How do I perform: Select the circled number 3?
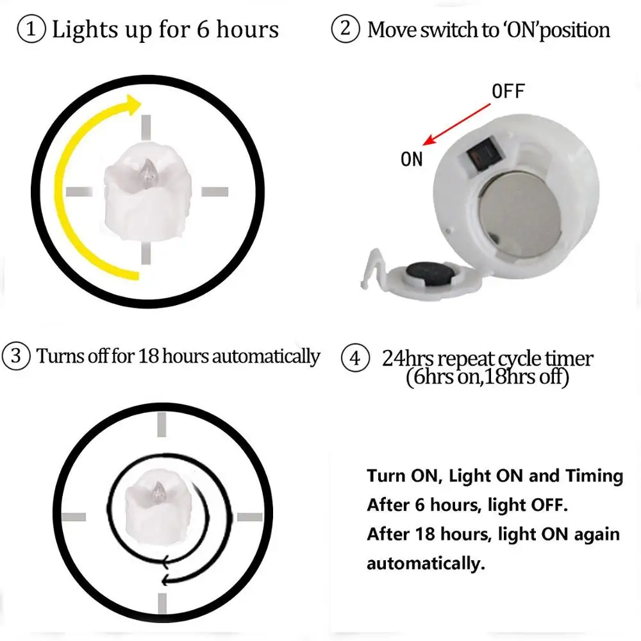tap(15, 356)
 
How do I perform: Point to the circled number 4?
tap(354, 358)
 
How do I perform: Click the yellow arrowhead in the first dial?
tap(133, 105)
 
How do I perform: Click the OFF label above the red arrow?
tap(508, 92)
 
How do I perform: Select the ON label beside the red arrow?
tap(412, 159)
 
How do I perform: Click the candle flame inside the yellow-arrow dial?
tap(149, 171)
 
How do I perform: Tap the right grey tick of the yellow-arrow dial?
tap(215, 191)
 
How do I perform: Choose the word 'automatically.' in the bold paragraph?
tap(424, 564)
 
